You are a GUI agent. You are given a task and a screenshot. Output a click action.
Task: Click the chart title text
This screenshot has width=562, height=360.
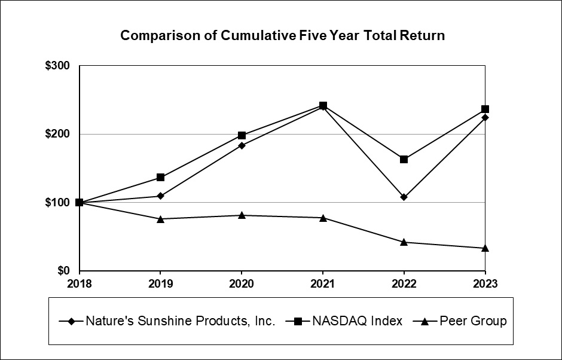click(x=282, y=35)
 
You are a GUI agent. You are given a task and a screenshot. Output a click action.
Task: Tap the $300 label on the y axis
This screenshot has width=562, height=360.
click(x=58, y=66)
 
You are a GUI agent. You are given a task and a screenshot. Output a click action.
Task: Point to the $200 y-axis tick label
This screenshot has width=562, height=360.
click(x=58, y=134)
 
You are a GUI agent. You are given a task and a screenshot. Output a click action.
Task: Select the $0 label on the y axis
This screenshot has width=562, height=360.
click(x=63, y=271)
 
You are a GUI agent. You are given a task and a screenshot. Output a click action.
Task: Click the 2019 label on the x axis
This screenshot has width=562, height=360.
click(x=160, y=283)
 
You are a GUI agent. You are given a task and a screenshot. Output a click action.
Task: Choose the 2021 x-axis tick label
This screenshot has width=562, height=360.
click(x=323, y=283)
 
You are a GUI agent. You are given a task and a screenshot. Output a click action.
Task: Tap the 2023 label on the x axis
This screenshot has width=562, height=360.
click(x=485, y=283)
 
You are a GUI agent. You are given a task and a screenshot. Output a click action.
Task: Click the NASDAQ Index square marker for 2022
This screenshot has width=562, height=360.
click(x=404, y=159)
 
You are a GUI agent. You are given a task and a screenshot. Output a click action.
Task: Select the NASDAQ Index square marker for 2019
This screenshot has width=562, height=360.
click(x=160, y=177)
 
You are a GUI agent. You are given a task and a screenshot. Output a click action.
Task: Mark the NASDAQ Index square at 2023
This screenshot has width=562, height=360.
click(x=485, y=109)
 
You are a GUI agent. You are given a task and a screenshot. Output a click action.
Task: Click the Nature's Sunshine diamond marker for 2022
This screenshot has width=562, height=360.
click(x=404, y=197)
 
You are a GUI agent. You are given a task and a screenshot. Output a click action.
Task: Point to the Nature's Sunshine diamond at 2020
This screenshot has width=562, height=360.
click(x=242, y=145)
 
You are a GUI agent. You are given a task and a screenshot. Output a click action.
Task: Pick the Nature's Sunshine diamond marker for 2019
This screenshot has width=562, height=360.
click(x=160, y=196)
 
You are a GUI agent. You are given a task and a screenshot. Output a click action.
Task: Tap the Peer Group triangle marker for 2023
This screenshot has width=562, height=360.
click(x=485, y=248)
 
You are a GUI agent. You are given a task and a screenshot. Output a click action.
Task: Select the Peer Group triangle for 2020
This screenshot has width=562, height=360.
click(x=242, y=215)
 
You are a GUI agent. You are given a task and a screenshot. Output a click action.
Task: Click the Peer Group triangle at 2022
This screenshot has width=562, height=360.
click(x=404, y=242)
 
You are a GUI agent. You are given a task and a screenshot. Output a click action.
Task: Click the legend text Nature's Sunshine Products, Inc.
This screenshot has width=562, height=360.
click(x=180, y=321)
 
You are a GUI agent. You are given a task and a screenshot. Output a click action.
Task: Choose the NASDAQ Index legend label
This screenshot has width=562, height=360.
click(x=357, y=321)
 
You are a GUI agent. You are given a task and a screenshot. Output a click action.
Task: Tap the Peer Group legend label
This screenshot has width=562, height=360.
click(x=473, y=321)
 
